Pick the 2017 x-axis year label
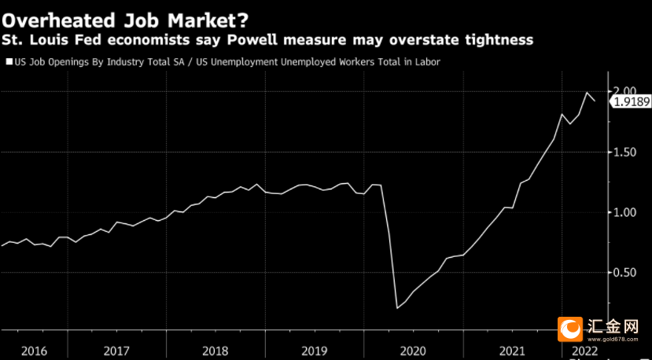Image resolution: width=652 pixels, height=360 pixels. [x=116, y=350]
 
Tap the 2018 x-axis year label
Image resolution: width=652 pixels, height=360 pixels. [x=215, y=350]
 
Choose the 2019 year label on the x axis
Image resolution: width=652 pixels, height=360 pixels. [x=315, y=350]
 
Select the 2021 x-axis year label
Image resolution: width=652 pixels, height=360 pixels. [x=512, y=350]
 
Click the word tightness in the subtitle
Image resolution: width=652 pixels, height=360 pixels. [x=494, y=39]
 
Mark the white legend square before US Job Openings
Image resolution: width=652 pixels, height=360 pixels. [x=9, y=61]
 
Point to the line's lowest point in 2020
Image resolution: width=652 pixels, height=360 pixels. [x=397, y=308]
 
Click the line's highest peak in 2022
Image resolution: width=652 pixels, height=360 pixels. [x=587, y=93]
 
